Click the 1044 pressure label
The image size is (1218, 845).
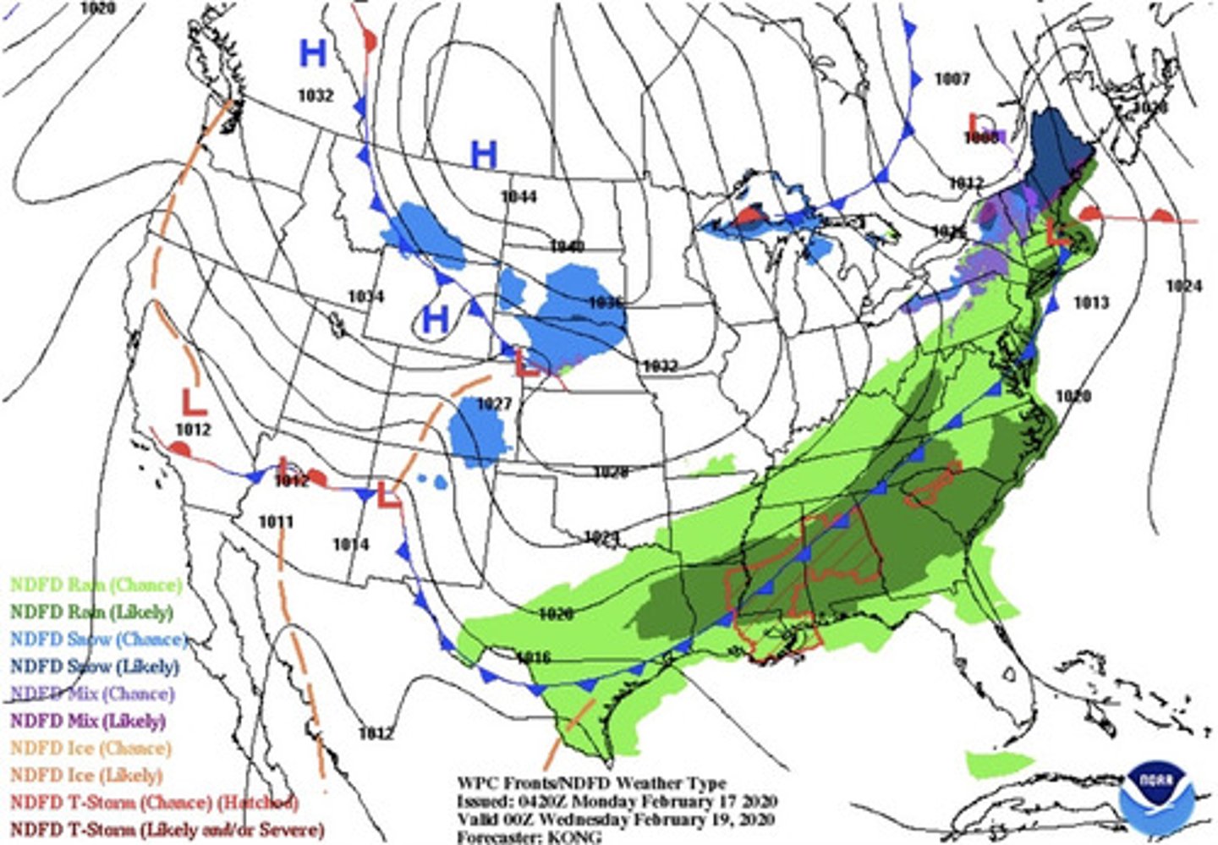[518, 197]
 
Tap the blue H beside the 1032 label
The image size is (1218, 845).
[313, 54]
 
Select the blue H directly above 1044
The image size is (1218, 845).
[483, 156]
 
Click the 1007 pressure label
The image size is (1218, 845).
[952, 79]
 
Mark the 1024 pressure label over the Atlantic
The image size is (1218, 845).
[1183, 287]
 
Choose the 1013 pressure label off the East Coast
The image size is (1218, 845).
[1091, 303]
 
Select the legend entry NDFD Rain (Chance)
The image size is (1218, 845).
[95, 584]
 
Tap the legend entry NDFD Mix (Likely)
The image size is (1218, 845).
[87, 721]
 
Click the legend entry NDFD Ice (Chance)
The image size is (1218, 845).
[90, 748]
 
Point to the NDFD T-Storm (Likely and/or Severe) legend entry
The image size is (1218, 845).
[166, 830]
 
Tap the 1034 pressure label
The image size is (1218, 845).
[365, 297]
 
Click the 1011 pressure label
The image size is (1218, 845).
[276, 522]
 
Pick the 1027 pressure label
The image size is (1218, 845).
[495, 404]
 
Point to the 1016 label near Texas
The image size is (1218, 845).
[533, 657]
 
